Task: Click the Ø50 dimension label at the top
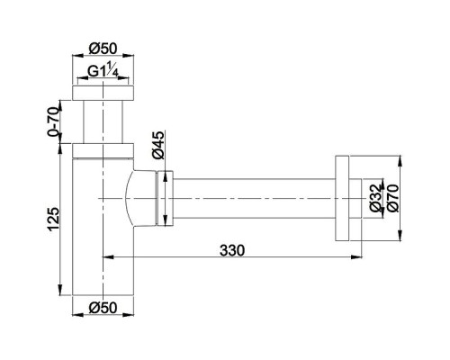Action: click(x=103, y=49)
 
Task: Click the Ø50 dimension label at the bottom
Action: click(x=103, y=308)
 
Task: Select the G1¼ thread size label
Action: click(x=103, y=71)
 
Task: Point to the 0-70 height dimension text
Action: click(x=54, y=121)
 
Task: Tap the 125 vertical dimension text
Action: click(x=54, y=220)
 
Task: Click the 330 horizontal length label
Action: click(x=232, y=250)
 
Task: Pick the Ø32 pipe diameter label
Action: click(x=376, y=198)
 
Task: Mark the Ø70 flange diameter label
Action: click(x=392, y=198)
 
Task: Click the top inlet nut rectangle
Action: click(x=103, y=93)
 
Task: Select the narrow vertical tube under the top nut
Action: click(x=103, y=121)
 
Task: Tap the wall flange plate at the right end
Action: click(x=342, y=198)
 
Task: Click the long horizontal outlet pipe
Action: click(x=254, y=198)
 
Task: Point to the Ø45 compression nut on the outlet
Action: click(x=165, y=198)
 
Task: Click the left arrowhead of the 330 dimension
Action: click(x=108, y=256)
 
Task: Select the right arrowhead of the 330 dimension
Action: click(x=356, y=256)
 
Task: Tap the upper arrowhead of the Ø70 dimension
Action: click(x=400, y=161)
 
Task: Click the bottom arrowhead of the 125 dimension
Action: click(x=60, y=290)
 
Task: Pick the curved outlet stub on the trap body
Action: click(x=140, y=198)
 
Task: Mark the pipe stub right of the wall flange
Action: click(x=355, y=198)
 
